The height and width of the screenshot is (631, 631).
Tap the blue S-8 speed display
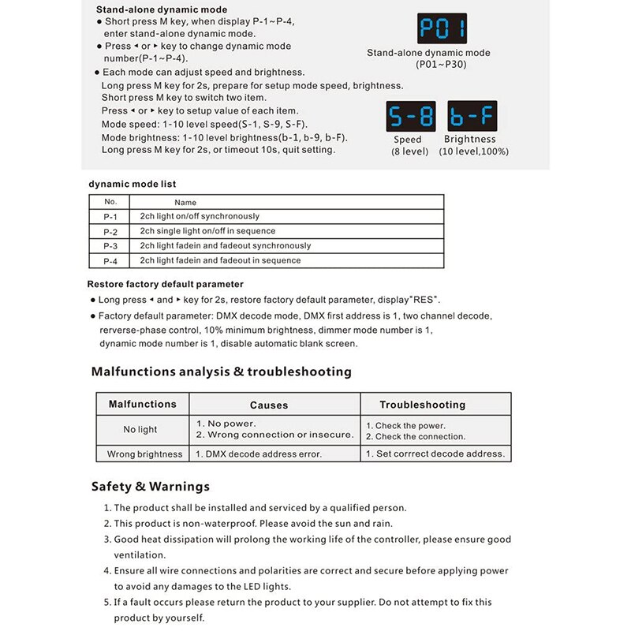(410, 117)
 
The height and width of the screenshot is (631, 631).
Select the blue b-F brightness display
(471, 117)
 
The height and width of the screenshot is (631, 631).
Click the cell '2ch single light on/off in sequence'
(207, 231)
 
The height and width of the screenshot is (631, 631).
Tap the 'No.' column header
(110, 202)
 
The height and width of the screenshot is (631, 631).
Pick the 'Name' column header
(185, 203)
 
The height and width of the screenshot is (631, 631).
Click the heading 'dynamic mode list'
(132, 184)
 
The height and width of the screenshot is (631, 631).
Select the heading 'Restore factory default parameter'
(165, 284)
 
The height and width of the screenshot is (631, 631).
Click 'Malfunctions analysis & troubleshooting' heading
(221, 372)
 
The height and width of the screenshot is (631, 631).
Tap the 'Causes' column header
(269, 405)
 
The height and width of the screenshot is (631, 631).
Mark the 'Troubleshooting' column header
(422, 405)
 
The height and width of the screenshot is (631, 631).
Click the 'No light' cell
(140, 430)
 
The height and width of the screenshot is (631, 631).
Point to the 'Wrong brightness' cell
(144, 454)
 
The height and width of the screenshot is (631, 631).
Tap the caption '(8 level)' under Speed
(409, 151)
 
